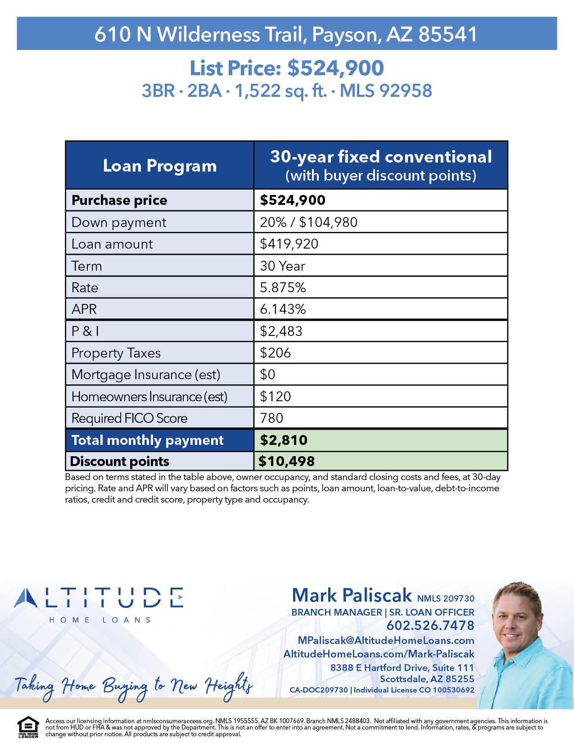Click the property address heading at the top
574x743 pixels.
[x=286, y=34]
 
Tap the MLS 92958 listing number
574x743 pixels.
[x=386, y=91]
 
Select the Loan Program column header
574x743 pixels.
[x=160, y=166]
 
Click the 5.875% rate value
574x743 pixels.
[x=283, y=287]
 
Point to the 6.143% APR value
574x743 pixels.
[x=283, y=309]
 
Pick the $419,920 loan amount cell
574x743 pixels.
[x=289, y=244]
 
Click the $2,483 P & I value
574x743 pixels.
[x=281, y=331]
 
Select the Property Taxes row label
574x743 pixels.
[x=116, y=353]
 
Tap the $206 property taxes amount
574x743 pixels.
[x=275, y=353]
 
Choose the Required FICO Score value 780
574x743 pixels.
[x=271, y=418]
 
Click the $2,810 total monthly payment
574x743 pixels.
[x=284, y=440]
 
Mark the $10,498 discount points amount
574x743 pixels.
[x=286, y=461]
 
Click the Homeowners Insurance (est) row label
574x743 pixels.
[x=149, y=396]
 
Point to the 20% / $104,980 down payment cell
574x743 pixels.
[x=308, y=222]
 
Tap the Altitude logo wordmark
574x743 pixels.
[x=99, y=598]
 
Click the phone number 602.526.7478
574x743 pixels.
[x=430, y=625]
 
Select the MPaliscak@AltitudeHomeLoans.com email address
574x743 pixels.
[x=386, y=640]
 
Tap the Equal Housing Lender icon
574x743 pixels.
[x=28, y=727]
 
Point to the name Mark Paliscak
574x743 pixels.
[x=352, y=595]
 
